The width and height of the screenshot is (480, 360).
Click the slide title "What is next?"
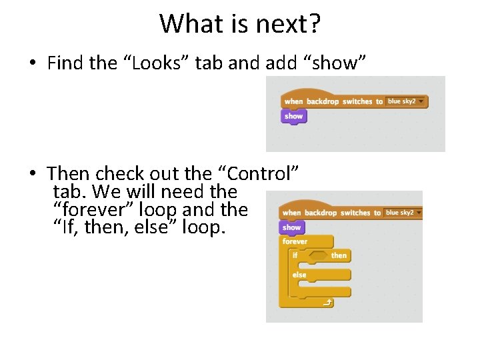(240, 24)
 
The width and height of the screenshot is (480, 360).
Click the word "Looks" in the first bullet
(155, 63)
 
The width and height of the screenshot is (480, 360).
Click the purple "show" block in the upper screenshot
(293, 116)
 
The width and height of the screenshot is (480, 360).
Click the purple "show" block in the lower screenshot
(292, 227)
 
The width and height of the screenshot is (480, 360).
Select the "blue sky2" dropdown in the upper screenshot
(406, 101)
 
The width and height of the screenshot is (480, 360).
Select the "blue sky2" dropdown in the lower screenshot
(404, 213)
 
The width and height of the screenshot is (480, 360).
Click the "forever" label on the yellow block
(295, 241)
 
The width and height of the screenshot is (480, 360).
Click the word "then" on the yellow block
(339, 255)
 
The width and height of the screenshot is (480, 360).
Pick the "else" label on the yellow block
(299, 275)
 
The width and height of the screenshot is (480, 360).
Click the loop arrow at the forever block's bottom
(327, 303)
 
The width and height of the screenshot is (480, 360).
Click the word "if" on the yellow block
(295, 255)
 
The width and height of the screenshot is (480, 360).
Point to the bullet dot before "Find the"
(32, 64)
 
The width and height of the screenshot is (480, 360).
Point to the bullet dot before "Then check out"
(32, 175)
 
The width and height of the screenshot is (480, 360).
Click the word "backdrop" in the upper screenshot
(323, 101)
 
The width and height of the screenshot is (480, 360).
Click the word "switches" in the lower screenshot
(355, 213)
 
